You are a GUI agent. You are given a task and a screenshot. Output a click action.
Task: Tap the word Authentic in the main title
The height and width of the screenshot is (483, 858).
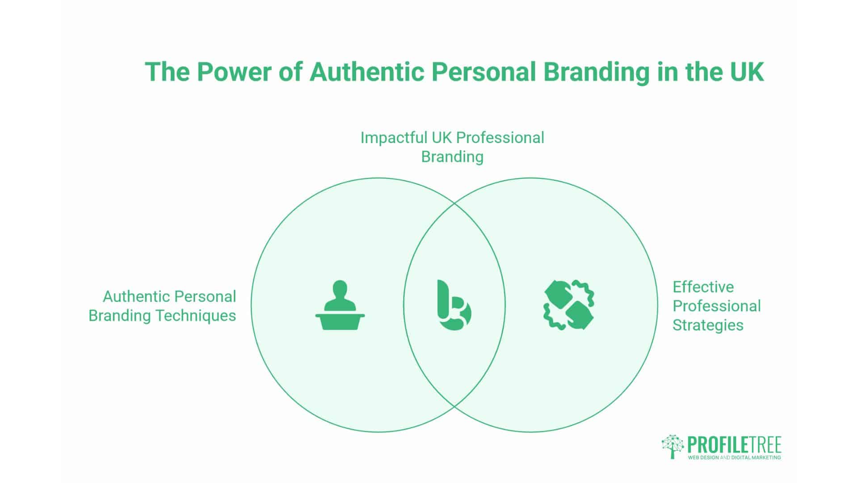coord(366,72)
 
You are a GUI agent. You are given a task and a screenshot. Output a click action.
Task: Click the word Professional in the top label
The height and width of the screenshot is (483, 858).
coord(500,138)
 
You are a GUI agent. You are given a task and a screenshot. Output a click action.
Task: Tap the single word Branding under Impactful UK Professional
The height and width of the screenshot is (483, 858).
coord(452,157)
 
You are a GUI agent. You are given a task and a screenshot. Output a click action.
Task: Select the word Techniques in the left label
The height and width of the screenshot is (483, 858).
coord(195,315)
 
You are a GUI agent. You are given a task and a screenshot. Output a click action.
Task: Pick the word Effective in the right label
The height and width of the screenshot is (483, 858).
coord(703,287)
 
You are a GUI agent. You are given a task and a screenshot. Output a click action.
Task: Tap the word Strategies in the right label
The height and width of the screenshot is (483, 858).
coord(708,325)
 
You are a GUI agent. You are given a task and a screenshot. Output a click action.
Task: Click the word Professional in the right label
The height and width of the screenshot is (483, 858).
coord(716,306)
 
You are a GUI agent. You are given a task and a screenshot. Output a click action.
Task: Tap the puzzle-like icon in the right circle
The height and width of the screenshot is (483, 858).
coord(569,305)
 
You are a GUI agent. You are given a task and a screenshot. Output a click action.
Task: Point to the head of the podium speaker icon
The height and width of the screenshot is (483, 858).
coord(340,287)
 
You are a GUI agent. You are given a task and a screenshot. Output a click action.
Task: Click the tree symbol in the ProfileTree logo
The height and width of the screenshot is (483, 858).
coord(673,446)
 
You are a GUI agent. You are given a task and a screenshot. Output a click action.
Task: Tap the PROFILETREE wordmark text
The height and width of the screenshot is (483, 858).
coord(734,445)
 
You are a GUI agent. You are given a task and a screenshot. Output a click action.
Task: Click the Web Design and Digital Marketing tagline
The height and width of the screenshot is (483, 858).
coord(734,458)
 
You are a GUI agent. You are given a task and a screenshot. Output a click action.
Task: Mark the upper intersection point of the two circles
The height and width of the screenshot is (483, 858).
coord(454,203)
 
